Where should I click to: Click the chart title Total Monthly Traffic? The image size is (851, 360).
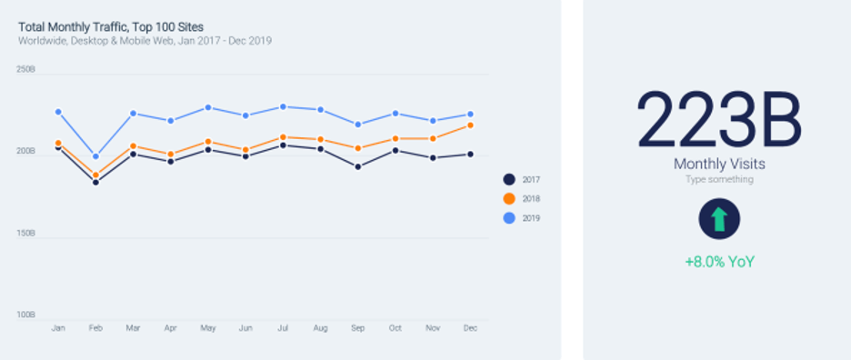(111, 26)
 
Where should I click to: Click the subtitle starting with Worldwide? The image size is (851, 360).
(145, 41)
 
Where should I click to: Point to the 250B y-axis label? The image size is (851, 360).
(25, 69)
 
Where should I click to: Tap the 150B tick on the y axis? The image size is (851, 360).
(25, 233)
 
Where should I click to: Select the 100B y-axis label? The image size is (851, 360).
(25, 315)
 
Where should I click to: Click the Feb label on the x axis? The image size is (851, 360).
(95, 328)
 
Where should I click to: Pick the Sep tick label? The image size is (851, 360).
(357, 328)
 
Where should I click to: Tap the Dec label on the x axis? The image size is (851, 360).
(470, 328)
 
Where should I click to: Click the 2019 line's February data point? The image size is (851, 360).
(95, 156)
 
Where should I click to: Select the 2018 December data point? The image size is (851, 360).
(470, 125)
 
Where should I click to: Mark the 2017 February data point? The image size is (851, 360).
(95, 182)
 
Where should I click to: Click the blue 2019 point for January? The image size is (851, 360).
(58, 112)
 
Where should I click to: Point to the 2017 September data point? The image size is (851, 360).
(357, 166)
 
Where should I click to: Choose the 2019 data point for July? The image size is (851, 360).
(283, 106)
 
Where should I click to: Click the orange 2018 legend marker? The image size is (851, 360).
(509, 198)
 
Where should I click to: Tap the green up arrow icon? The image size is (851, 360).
(719, 219)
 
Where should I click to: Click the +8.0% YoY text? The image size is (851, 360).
(719, 262)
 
